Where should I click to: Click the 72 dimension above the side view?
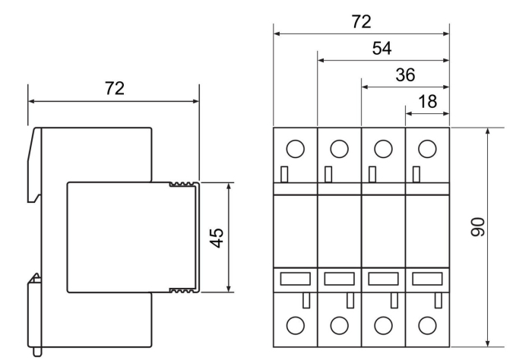coord(114,89)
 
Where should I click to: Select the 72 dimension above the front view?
coord(361,22)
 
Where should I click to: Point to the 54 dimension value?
coord(382,49)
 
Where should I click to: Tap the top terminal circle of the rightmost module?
coord(428,149)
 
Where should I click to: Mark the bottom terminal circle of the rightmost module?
coord(428,326)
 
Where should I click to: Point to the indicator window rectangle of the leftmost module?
coord(295,279)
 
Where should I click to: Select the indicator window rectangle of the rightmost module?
coord(427,279)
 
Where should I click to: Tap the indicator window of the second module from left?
coord(339,279)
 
